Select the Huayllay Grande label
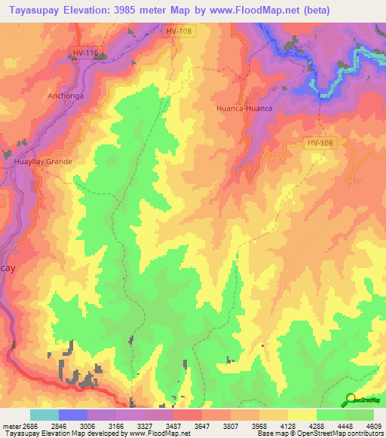(43, 161)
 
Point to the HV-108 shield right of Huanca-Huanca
(320, 142)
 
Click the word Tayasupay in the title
(38, 11)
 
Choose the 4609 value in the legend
(374, 425)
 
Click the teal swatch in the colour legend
(44, 415)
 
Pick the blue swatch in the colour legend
(72, 415)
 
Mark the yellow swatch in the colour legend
(302, 415)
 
